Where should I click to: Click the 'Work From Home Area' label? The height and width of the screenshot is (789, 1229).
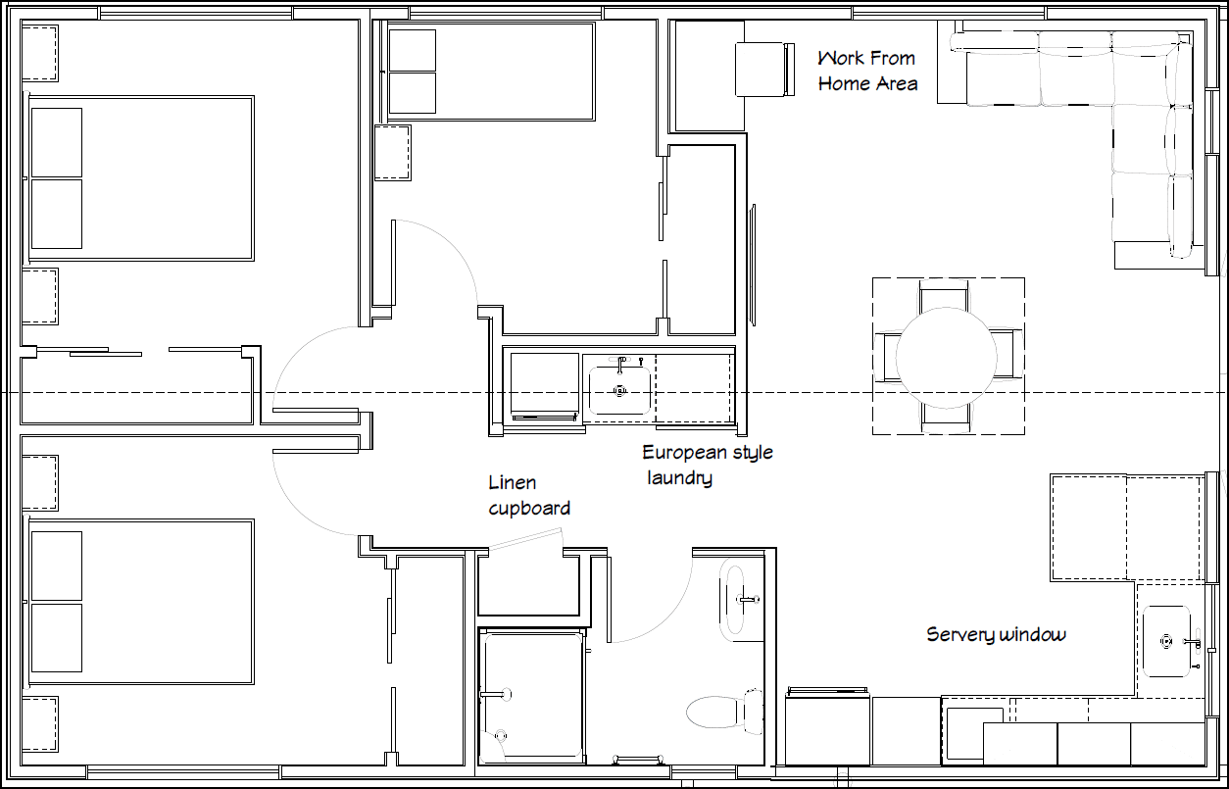[867, 71]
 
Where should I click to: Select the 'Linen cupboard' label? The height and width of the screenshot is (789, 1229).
[528, 495]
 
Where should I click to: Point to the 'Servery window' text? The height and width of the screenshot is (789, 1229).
[995, 635]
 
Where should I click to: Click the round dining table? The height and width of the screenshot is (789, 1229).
[947, 356]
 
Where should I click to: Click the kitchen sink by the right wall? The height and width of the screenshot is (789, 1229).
[1166, 641]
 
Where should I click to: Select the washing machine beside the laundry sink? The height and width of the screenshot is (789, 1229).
[544, 385]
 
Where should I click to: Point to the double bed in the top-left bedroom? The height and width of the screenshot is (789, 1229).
[140, 177]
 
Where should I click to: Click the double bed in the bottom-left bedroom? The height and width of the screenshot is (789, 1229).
[140, 602]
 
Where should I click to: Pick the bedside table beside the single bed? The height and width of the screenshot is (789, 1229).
[392, 152]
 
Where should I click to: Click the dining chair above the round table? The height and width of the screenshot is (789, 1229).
[946, 296]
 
